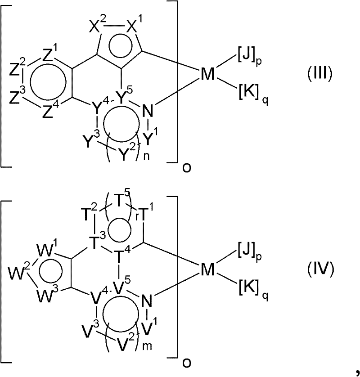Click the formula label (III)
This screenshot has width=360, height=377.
click(320, 74)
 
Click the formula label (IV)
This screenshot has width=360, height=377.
click(320, 269)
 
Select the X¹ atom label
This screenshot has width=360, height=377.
click(134, 26)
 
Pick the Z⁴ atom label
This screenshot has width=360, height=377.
click(51, 111)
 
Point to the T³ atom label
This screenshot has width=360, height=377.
click(97, 242)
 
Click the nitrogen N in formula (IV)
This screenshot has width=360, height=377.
click(147, 301)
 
